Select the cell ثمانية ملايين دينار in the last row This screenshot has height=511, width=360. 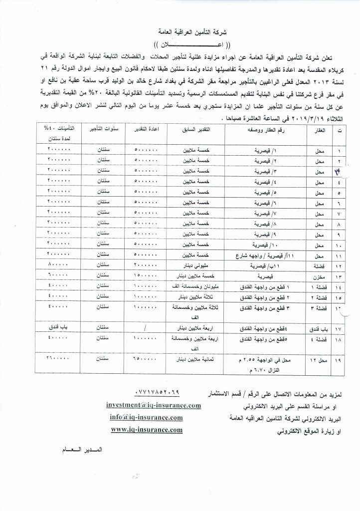[195, 359]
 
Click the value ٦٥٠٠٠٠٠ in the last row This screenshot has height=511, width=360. [147, 359]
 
